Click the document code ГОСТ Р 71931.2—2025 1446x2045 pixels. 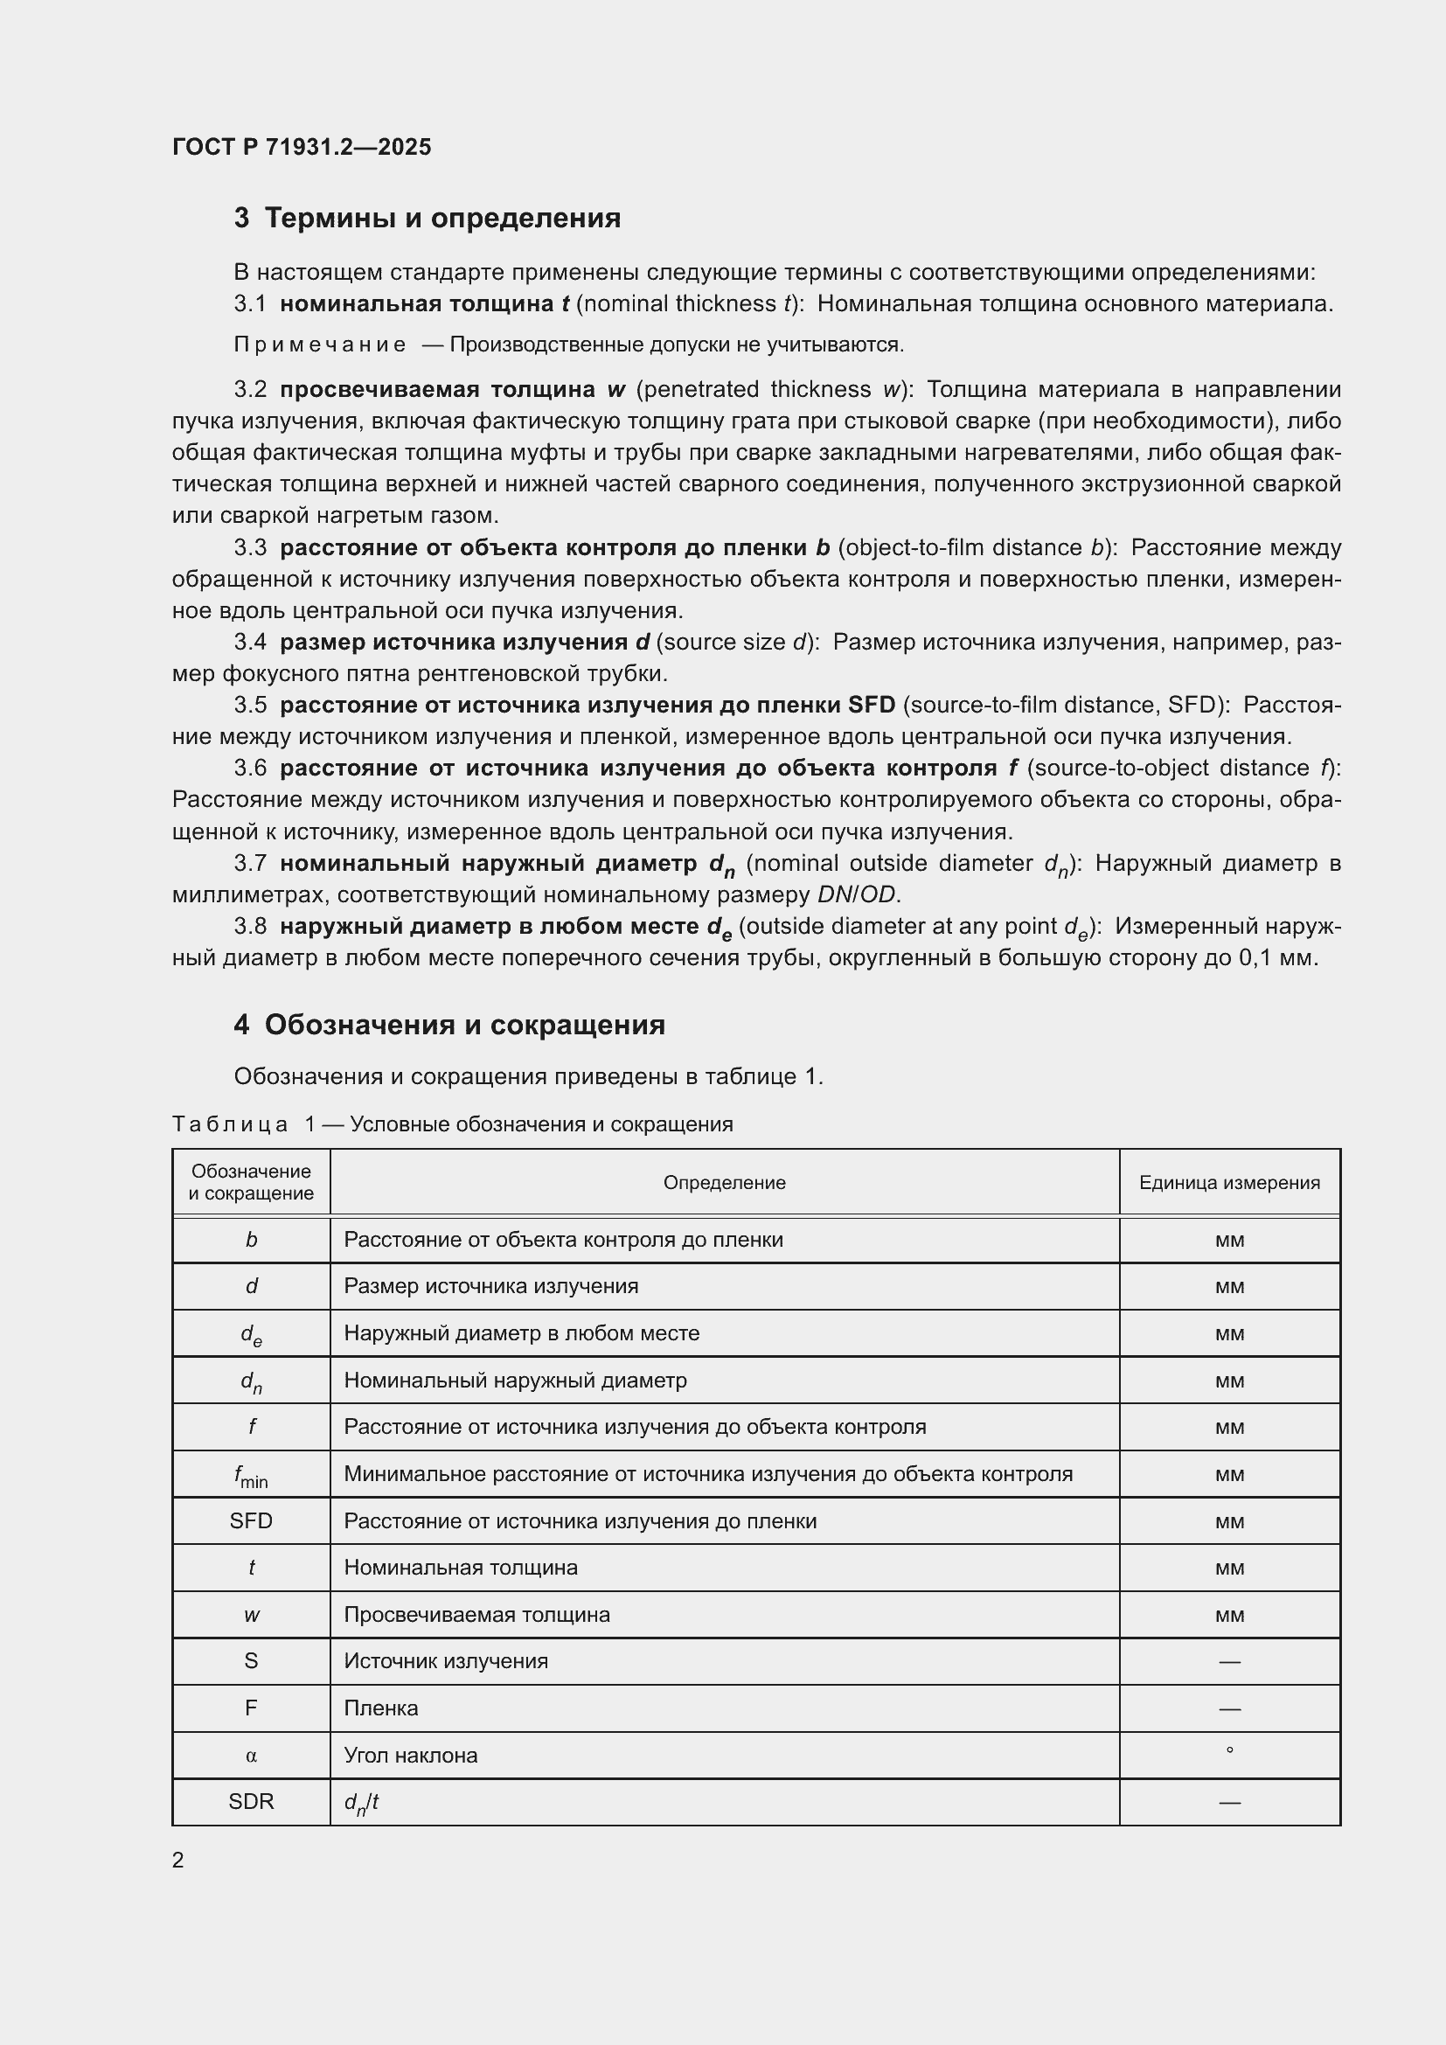tap(301, 147)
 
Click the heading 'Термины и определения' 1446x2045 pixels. tap(442, 219)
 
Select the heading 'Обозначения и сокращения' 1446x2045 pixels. tap(464, 1026)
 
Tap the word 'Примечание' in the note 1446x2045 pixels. tap(320, 344)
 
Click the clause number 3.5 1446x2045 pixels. tap(250, 706)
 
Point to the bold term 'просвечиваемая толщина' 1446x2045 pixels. tap(437, 389)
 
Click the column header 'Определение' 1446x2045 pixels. tap(724, 1183)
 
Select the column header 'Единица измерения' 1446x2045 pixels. tap(1228, 1183)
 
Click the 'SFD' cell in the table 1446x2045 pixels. tap(251, 1521)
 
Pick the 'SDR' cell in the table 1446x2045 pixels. tap(251, 1802)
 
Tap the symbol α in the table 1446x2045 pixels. tap(251, 1756)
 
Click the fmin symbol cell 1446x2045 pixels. tap(251, 1475)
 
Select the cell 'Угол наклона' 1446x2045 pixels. tap(411, 1756)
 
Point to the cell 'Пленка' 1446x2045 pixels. tap(381, 1708)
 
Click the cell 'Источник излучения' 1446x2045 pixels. tap(446, 1661)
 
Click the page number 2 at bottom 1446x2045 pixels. tap(178, 1860)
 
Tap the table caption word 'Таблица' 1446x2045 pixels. tap(230, 1125)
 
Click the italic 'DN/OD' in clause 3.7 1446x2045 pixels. tap(858, 894)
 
